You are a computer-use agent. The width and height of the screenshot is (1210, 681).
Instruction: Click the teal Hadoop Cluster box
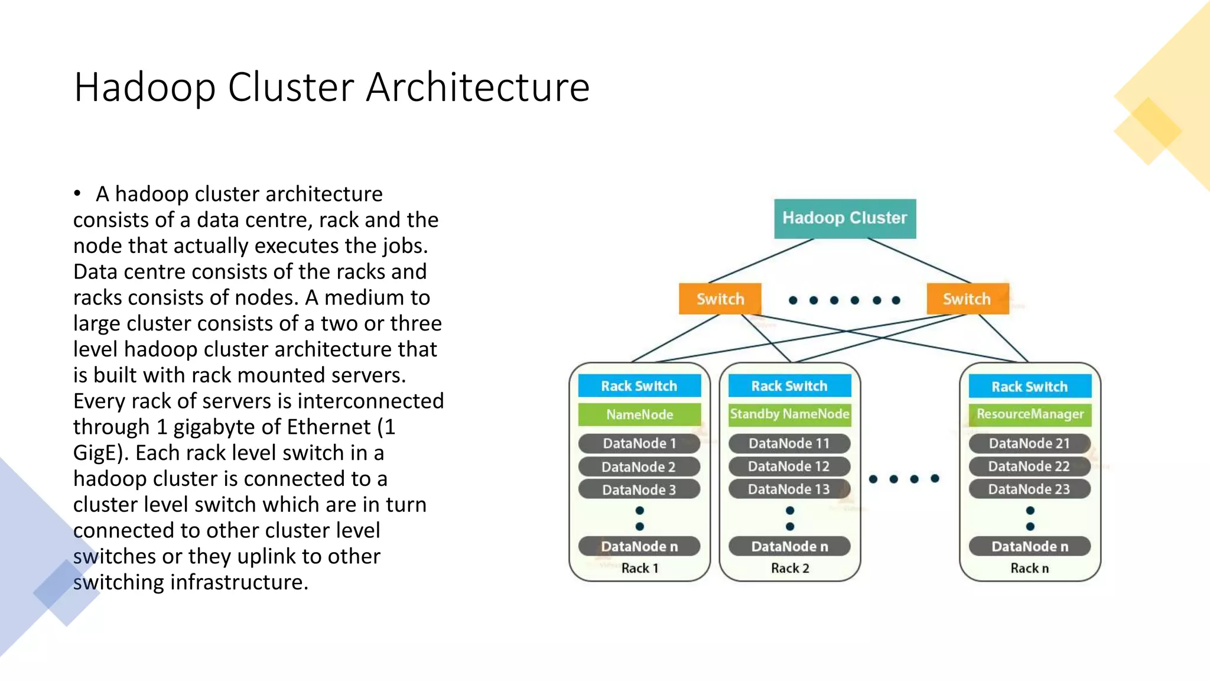click(844, 219)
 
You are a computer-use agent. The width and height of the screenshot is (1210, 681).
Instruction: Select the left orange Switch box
click(720, 299)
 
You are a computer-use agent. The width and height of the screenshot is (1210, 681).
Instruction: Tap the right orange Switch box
click(967, 299)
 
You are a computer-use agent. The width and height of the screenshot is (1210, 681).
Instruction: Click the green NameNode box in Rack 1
click(639, 414)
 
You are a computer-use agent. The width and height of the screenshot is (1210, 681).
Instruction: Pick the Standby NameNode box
click(789, 414)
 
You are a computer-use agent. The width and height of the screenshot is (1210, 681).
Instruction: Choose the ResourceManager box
click(1030, 414)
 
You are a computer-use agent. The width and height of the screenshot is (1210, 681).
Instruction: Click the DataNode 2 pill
click(639, 467)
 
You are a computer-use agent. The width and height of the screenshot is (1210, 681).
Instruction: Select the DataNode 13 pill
click(789, 489)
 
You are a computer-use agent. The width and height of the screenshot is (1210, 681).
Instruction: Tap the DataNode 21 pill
click(1029, 443)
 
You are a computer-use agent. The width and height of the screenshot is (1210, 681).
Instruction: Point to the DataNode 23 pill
click(1029, 489)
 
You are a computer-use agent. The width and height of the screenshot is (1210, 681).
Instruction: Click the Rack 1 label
click(639, 568)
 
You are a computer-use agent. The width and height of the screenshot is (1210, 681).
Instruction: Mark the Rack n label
click(1029, 568)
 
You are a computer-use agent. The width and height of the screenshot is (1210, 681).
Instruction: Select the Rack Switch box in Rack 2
click(789, 386)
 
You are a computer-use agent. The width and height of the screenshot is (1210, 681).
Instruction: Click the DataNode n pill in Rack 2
click(789, 547)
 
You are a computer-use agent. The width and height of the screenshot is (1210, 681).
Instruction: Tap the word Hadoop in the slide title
click(145, 87)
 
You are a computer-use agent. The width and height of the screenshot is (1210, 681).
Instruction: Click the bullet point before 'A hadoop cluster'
click(77, 193)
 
